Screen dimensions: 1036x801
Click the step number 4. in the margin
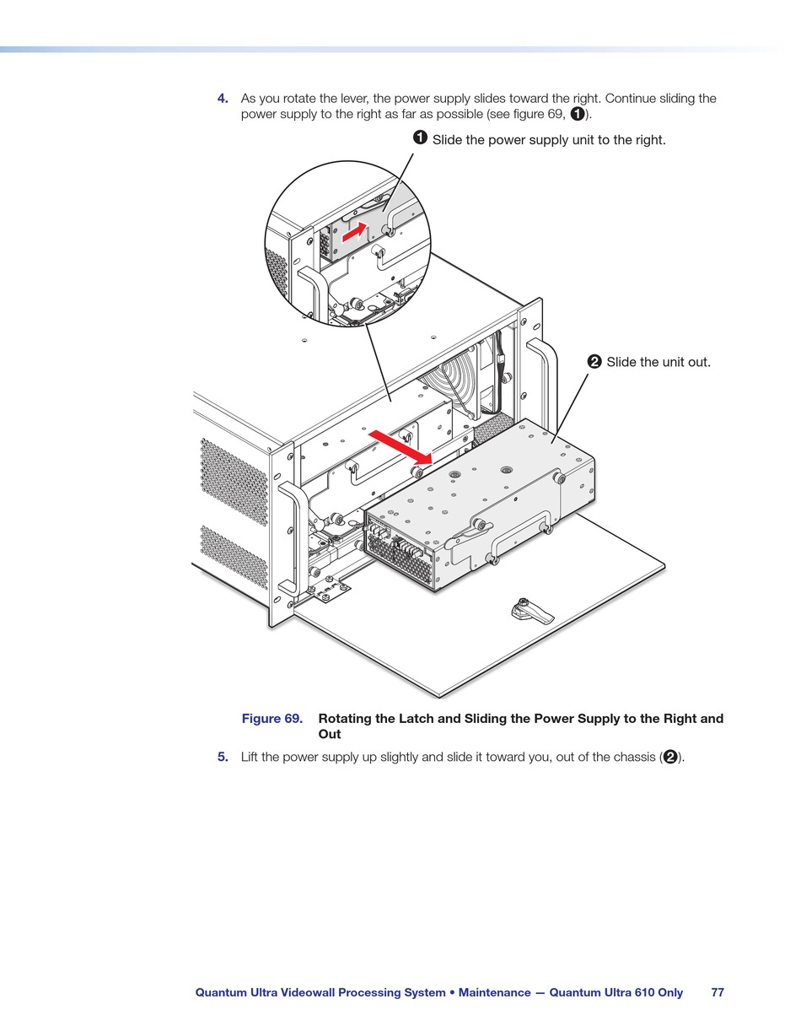(223, 99)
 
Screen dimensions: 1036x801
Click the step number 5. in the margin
(223, 757)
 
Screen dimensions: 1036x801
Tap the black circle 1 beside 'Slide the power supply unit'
(420, 138)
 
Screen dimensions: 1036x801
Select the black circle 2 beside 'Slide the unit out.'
(594, 362)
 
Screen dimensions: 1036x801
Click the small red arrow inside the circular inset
(355, 230)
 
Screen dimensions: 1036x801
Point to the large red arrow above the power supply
(400, 447)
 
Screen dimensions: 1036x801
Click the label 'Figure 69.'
(271, 719)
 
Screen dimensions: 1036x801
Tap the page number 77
(718, 992)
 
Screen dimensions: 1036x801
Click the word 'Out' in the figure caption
(330, 734)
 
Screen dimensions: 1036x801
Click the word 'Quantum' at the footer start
(221, 992)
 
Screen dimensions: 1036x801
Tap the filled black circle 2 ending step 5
(670, 757)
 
